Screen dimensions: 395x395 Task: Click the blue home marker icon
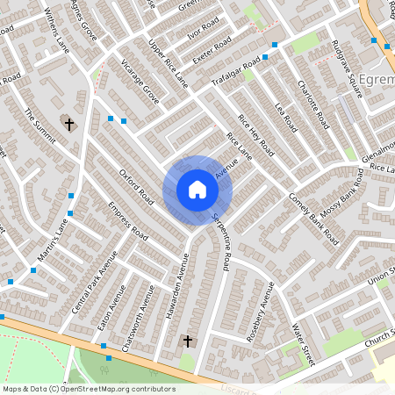tap(197, 190)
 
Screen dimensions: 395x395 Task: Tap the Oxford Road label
tap(137, 185)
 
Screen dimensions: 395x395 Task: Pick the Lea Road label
tap(286, 117)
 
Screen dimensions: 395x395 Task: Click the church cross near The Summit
tap(68, 125)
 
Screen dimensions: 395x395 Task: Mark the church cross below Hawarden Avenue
tap(186, 340)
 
